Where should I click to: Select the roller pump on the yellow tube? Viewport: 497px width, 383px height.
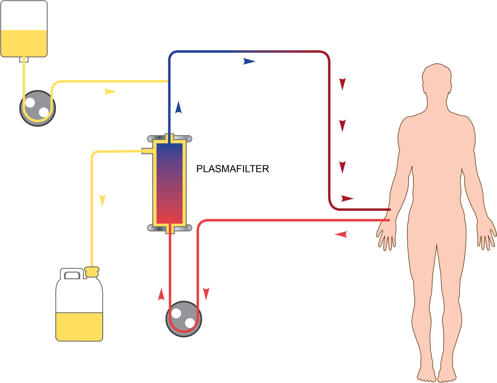(x=38, y=108)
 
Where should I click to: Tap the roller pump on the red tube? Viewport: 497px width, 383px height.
(x=184, y=319)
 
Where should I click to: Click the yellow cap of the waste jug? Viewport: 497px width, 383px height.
(x=92, y=271)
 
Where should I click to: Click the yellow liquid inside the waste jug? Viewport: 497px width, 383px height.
(x=79, y=326)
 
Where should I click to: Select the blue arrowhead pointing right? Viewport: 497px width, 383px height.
(x=249, y=62)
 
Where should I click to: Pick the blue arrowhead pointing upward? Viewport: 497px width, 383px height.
(x=178, y=107)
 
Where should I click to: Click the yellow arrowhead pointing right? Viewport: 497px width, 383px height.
(x=110, y=92)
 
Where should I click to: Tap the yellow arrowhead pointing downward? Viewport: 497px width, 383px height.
(x=102, y=201)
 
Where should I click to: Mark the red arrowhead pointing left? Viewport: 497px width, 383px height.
(x=341, y=235)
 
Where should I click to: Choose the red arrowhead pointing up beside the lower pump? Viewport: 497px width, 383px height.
(x=161, y=294)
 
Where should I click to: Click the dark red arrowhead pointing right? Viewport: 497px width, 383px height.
(x=347, y=199)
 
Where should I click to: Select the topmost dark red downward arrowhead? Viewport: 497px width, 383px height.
(x=342, y=84)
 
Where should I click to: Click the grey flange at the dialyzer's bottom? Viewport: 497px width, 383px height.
(x=170, y=228)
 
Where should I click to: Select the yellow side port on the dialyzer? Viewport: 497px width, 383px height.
(x=147, y=151)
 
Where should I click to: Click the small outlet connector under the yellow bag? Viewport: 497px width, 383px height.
(x=24, y=60)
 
